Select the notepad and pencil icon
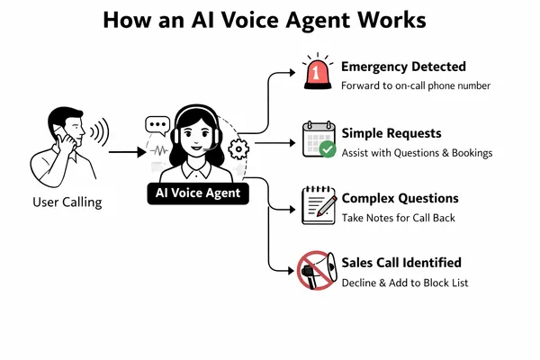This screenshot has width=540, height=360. pos(315,204)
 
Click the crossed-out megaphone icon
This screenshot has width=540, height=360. pos(315,270)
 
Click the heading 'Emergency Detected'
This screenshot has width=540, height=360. pos(403,66)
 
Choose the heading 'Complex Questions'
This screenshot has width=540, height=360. pos(400,198)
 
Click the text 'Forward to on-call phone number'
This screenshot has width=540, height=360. pos(416,86)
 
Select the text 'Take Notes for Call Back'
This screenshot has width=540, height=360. pos(399,219)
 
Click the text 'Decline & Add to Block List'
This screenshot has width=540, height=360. pos(404,283)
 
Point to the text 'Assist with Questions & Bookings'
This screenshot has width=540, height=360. pos(417,153)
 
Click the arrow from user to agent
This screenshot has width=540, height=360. pos(125,152)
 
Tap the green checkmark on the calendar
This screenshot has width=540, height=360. pos(328,148)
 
